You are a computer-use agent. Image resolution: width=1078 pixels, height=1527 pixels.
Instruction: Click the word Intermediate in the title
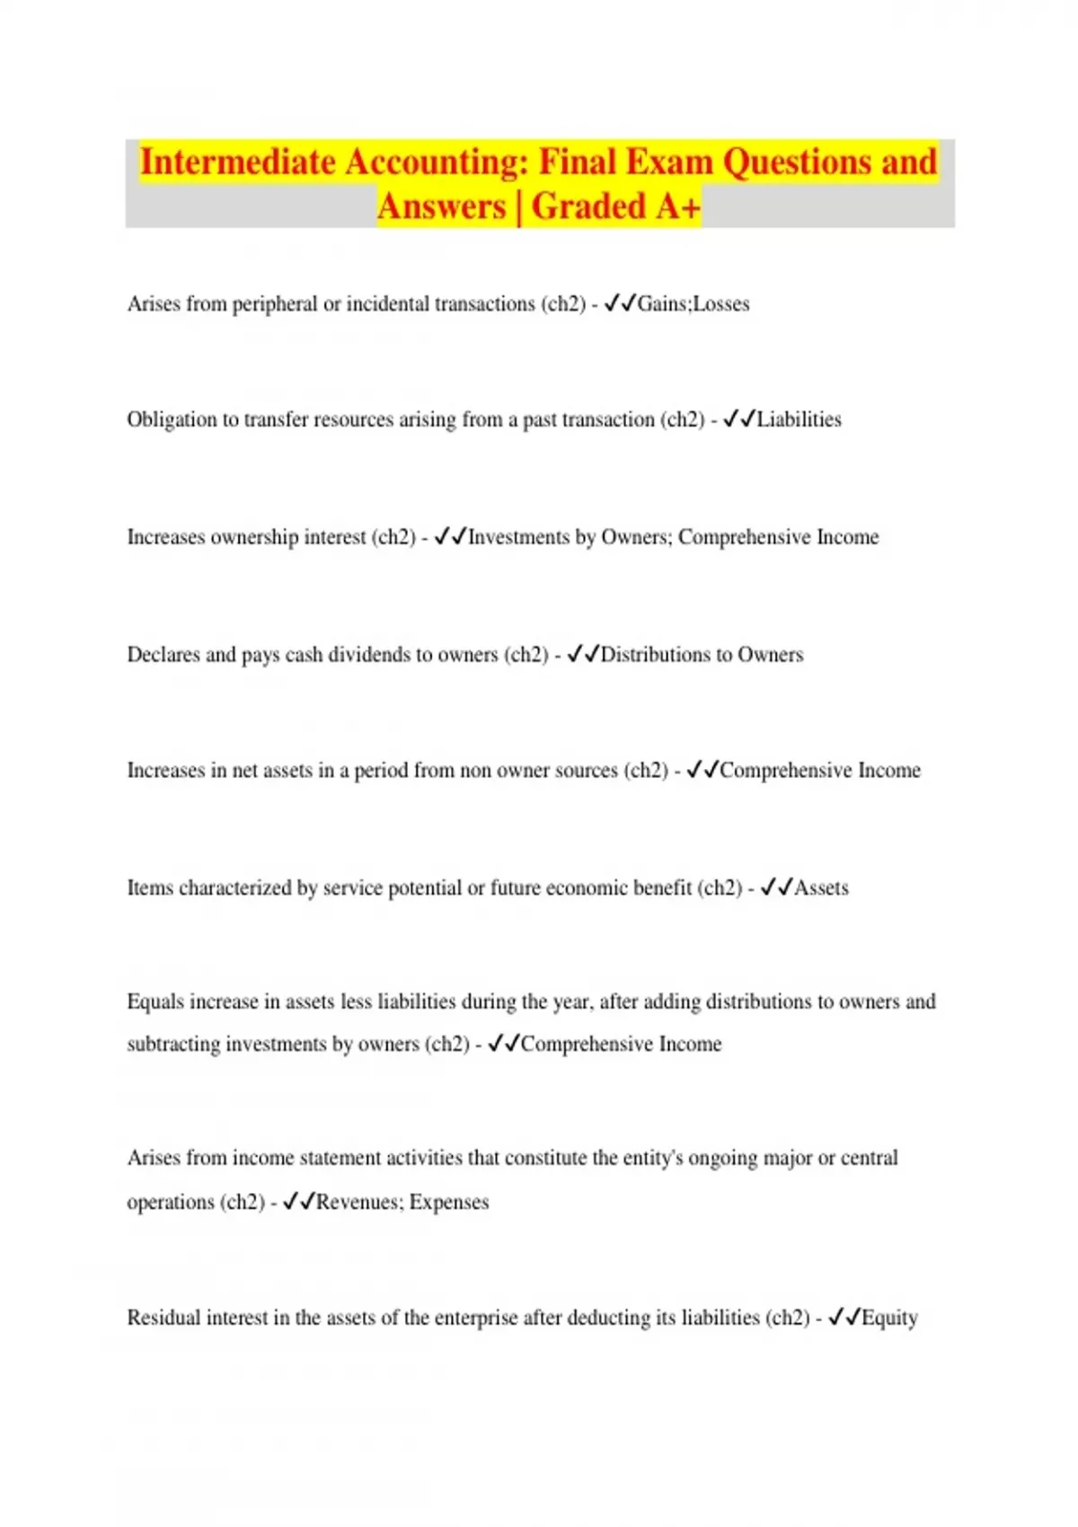tap(237, 163)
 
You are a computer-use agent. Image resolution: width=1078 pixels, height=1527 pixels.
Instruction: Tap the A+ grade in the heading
tap(677, 207)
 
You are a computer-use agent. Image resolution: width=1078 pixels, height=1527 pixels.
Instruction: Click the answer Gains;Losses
tap(693, 305)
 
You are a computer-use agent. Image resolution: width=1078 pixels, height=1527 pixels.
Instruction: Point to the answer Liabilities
tap(799, 419)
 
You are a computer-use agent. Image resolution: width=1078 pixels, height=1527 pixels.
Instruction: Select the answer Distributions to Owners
tap(702, 655)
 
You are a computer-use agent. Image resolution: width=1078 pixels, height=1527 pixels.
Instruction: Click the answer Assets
tap(821, 888)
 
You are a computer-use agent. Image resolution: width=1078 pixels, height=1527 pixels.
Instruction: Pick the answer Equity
tap(889, 1318)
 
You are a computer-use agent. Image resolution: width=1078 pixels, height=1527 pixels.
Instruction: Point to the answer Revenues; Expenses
tap(402, 1202)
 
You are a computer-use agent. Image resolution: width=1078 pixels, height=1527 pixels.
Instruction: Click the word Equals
tap(154, 1002)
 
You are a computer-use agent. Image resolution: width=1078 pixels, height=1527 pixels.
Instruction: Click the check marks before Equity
tap(844, 1318)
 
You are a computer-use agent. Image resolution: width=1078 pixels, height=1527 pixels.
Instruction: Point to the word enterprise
tap(475, 1318)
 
